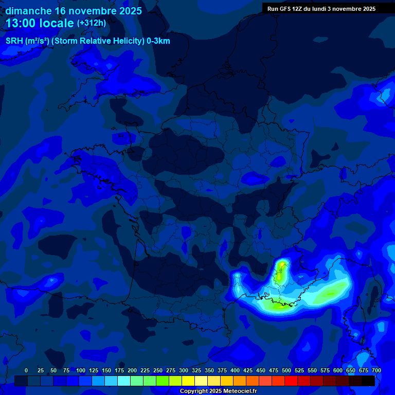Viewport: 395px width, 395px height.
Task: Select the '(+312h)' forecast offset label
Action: (92, 23)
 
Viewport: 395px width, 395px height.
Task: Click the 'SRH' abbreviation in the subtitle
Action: (14, 41)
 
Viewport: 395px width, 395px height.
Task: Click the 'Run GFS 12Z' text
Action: (285, 9)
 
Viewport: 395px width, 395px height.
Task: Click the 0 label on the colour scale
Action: (26, 370)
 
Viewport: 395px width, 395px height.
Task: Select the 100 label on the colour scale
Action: (81, 370)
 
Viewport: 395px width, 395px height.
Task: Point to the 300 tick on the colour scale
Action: (184, 370)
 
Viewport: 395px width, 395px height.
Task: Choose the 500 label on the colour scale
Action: (286, 370)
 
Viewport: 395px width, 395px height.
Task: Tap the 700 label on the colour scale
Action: (376, 370)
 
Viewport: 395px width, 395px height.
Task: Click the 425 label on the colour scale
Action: (248, 370)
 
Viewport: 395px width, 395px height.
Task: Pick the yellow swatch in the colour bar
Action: (188, 381)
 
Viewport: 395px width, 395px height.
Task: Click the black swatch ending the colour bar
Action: (368, 381)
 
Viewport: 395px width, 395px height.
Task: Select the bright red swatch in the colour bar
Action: (291, 381)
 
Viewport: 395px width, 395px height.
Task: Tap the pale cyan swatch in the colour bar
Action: (124, 381)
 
